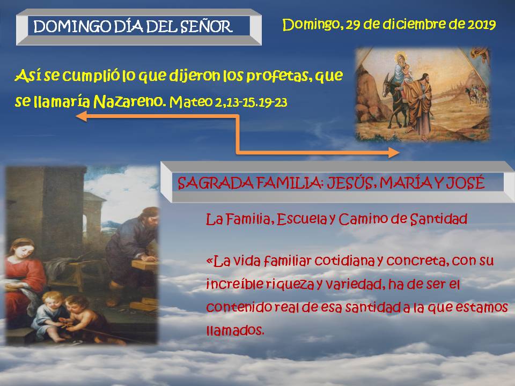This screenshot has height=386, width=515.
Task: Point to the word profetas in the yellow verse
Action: click(277, 76)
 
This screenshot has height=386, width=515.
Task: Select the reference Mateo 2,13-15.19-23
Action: click(229, 102)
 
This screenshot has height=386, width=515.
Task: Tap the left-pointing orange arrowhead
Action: click(81, 116)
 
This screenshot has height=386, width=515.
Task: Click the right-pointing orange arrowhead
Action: click(394, 152)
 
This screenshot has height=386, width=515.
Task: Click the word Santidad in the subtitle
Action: click(439, 219)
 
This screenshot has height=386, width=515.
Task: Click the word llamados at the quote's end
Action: click(235, 330)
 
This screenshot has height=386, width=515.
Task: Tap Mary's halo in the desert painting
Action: click(401, 57)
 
